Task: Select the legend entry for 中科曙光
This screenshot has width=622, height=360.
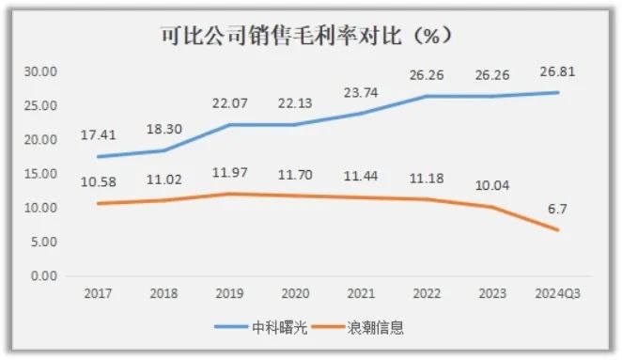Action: click(x=261, y=327)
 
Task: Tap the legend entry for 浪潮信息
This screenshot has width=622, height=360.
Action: click(x=358, y=327)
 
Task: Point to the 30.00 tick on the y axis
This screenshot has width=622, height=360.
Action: click(x=40, y=71)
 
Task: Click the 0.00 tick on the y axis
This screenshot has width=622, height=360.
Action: click(x=44, y=275)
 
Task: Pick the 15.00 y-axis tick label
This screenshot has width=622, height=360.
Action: click(x=40, y=174)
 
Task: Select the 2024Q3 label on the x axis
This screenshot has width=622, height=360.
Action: click(x=558, y=293)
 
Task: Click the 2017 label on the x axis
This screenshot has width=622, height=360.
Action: click(x=98, y=293)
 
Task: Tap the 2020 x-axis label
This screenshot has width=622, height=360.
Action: click(x=295, y=293)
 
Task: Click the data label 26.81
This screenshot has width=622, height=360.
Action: click(x=558, y=71)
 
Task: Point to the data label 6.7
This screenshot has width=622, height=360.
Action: click(x=557, y=209)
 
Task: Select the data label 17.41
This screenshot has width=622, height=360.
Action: click(x=99, y=135)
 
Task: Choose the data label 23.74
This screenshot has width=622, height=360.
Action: click(x=361, y=93)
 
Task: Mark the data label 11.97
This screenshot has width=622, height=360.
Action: click(x=229, y=173)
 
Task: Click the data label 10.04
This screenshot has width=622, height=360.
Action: click(x=492, y=185)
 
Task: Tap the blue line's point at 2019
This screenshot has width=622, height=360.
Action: click(x=229, y=125)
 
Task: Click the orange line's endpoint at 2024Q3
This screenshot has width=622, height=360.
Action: click(x=558, y=229)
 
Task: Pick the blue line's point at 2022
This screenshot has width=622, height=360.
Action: click(x=427, y=97)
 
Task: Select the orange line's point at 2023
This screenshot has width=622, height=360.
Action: click(x=492, y=207)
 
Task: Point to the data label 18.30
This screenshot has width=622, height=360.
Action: click(x=164, y=130)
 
